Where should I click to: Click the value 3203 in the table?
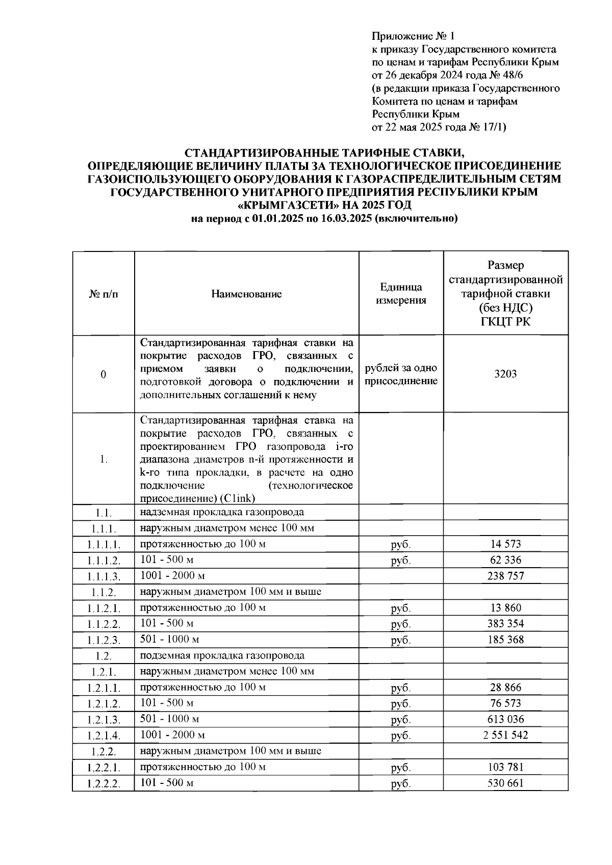click(505, 374)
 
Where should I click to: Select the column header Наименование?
click(246, 294)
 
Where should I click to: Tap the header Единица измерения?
click(401, 293)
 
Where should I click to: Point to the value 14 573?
click(505, 544)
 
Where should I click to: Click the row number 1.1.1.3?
click(103, 576)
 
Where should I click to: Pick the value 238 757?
click(505, 576)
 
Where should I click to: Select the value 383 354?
click(505, 623)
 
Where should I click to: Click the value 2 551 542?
click(505, 735)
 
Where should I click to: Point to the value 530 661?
click(505, 783)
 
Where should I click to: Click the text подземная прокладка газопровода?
click(222, 655)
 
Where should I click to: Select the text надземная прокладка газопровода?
click(222, 512)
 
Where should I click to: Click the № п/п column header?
click(103, 294)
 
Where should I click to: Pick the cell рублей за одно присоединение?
click(401, 374)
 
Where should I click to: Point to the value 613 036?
click(505, 719)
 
